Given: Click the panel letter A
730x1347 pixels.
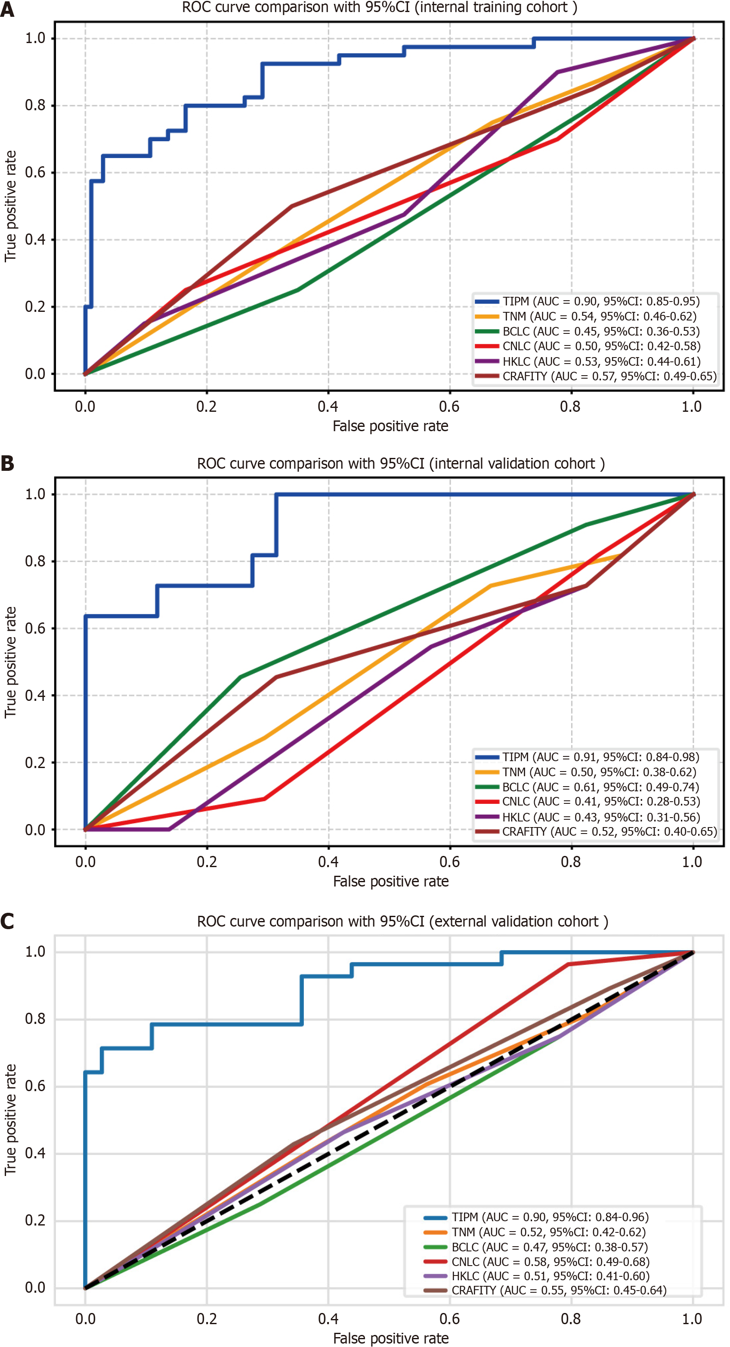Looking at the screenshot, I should tap(7, 9).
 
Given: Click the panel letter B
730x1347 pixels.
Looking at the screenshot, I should tap(7, 464).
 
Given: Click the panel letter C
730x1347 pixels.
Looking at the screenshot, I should tap(7, 921).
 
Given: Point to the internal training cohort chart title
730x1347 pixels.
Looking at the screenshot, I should tap(379, 8).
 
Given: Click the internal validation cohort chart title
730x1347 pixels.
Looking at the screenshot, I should tap(401, 464).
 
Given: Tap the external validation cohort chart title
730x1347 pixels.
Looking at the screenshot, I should tap(402, 921).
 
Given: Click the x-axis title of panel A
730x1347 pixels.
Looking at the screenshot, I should tap(390, 426).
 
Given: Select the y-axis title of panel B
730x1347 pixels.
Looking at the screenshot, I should tap(10, 662).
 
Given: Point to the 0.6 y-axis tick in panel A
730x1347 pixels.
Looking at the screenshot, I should tap(35, 173).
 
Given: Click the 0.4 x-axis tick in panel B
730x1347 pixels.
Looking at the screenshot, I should tap(328, 862).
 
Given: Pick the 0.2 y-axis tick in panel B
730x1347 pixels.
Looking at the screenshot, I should tap(35, 762).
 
